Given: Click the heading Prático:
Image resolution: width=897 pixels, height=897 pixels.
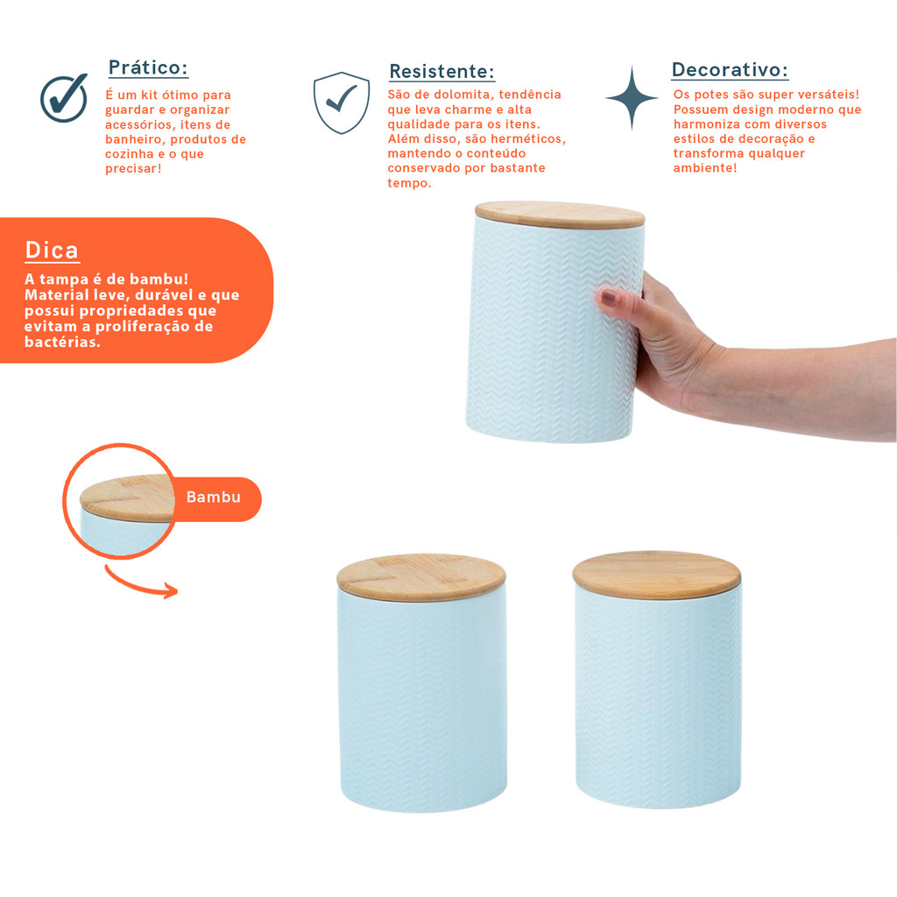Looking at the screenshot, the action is tap(148, 67).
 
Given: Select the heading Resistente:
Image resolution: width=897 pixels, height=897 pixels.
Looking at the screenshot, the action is tap(441, 72).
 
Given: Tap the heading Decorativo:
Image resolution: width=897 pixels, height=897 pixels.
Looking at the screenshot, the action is tap(730, 70).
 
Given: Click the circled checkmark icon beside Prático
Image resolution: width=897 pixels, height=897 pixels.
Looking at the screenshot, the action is tap(64, 98).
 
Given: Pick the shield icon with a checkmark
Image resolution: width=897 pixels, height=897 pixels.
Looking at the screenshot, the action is tap(342, 102).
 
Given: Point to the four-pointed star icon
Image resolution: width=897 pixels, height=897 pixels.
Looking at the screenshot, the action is tap(632, 98).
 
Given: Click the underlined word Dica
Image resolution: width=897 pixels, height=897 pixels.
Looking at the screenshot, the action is tap(52, 251).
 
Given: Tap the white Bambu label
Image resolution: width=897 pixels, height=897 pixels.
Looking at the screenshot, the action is tap(214, 498).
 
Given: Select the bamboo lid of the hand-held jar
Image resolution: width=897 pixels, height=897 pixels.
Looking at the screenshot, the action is tap(560, 215).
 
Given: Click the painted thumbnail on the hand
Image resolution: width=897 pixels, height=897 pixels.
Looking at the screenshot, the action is tap(608, 297).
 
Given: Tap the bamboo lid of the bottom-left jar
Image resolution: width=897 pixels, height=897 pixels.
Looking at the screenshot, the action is tap(421, 577).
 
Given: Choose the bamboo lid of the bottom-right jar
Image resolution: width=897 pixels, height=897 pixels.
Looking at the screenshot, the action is tap(657, 575).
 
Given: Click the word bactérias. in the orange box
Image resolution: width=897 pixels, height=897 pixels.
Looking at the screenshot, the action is tap(62, 343).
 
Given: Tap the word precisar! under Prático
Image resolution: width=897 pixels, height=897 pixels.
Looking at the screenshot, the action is tap(133, 169).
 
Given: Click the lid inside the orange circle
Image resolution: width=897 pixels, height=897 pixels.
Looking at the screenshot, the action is tap(127, 498).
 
